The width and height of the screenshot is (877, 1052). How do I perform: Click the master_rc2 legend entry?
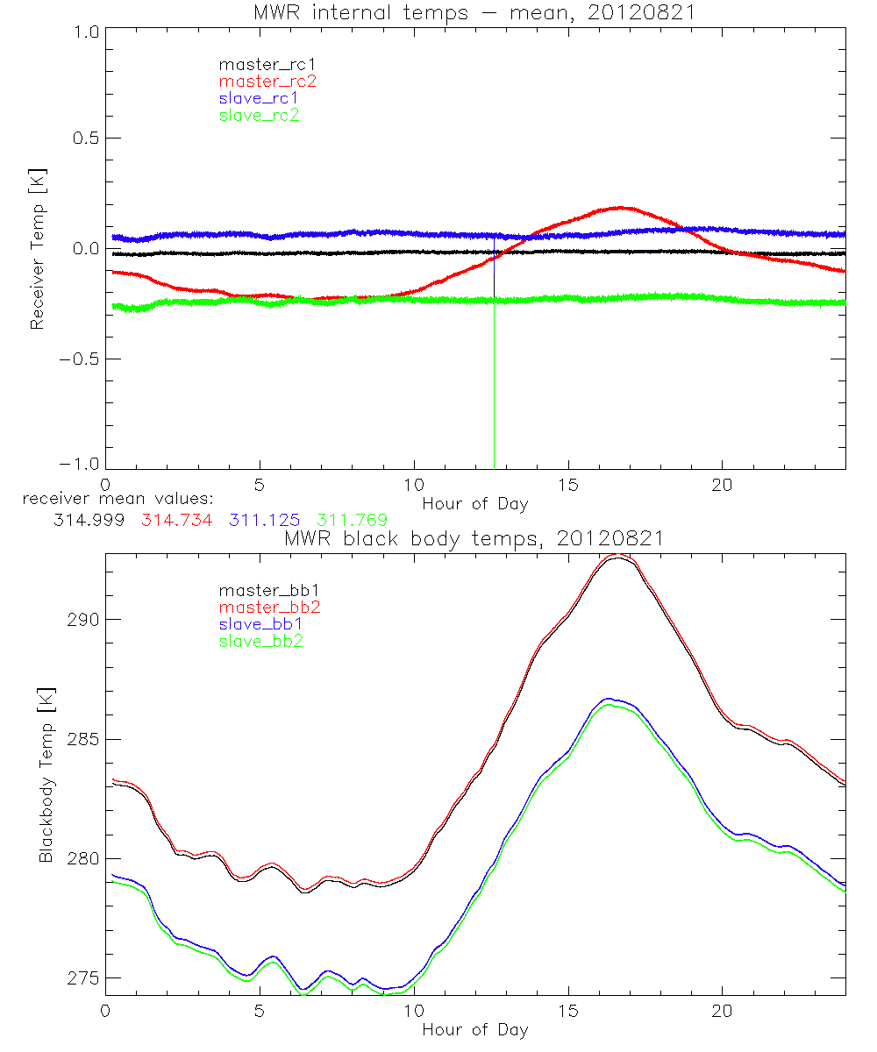(267, 81)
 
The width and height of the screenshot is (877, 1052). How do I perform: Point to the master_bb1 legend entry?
(264, 590)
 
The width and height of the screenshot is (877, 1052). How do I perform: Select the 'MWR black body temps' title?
(474, 537)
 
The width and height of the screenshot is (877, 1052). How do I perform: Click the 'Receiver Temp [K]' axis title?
(37, 249)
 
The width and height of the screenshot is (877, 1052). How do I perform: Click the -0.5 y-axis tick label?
(80, 359)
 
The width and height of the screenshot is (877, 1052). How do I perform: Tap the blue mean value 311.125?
(264, 520)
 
